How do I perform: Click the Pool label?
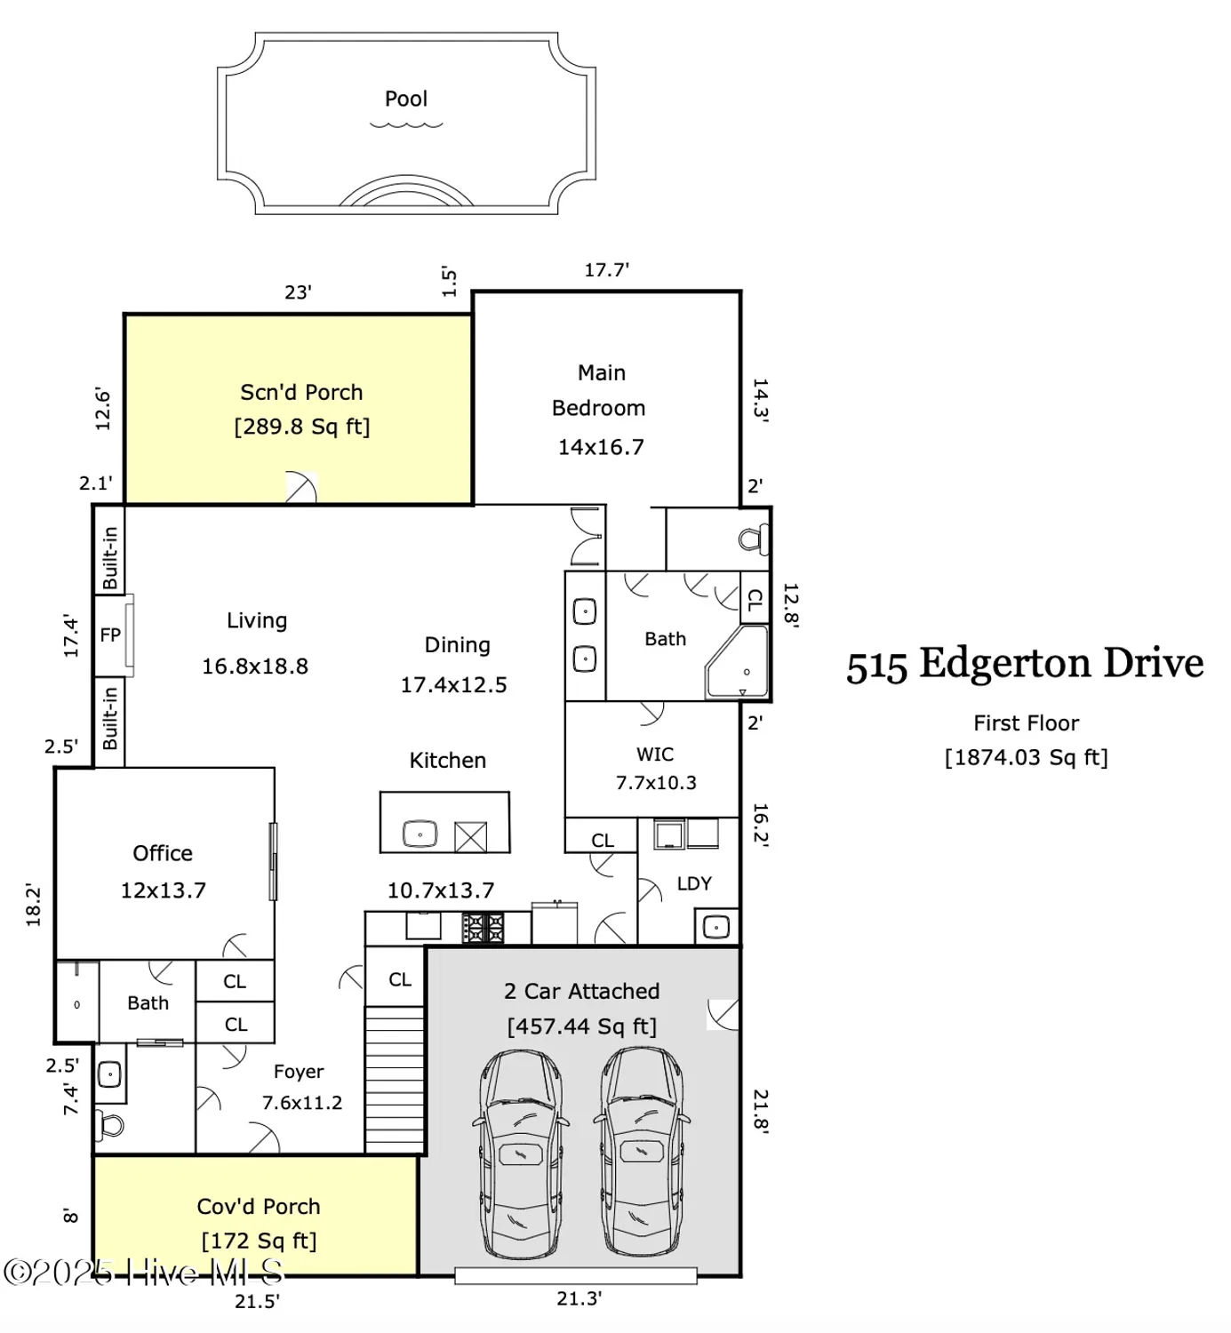click(x=405, y=99)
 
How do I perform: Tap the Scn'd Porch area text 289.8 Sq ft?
click(x=301, y=427)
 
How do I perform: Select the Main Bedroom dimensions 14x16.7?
click(x=601, y=447)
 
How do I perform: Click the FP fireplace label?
click(x=110, y=635)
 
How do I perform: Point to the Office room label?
click(x=163, y=853)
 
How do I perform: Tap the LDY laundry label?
click(x=694, y=883)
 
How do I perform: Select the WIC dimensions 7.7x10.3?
click(x=656, y=783)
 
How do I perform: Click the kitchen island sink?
click(x=420, y=834)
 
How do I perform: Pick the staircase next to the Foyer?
click(x=396, y=1079)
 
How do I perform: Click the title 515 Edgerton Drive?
click(x=1025, y=664)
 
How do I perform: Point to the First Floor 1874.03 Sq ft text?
click(x=1026, y=757)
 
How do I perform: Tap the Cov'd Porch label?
click(x=259, y=1206)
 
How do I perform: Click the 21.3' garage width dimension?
click(x=580, y=1298)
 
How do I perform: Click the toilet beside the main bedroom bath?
click(x=754, y=539)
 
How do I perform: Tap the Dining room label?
click(x=457, y=645)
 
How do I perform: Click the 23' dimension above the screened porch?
click(x=298, y=292)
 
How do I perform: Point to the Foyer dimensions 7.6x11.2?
click(x=302, y=1103)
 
